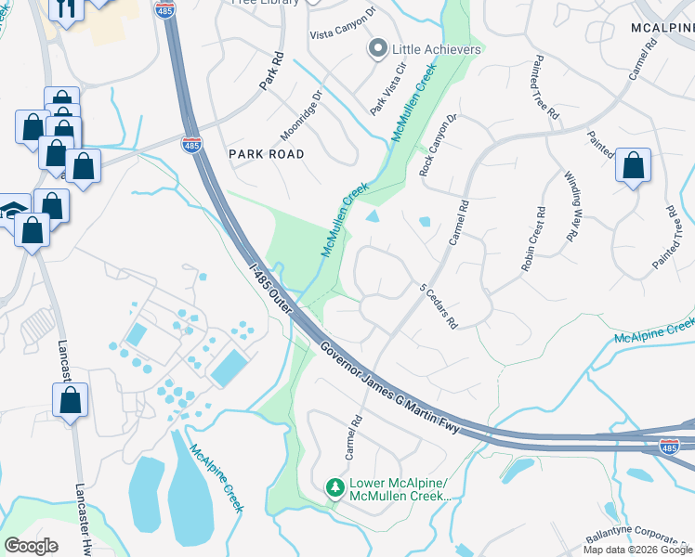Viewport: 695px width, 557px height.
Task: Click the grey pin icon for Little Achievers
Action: pos(378,49)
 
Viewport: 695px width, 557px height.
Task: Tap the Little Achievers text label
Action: pos(437,49)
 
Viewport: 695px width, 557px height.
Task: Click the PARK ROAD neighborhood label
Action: pos(267,154)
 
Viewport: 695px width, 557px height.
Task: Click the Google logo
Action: pos(31,546)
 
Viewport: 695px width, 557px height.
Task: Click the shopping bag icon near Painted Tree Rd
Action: pos(633,167)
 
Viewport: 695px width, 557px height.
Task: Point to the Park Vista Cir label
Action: pos(388,89)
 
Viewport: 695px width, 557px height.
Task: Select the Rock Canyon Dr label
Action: pos(439,146)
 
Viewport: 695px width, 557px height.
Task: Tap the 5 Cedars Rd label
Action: pos(439,306)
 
